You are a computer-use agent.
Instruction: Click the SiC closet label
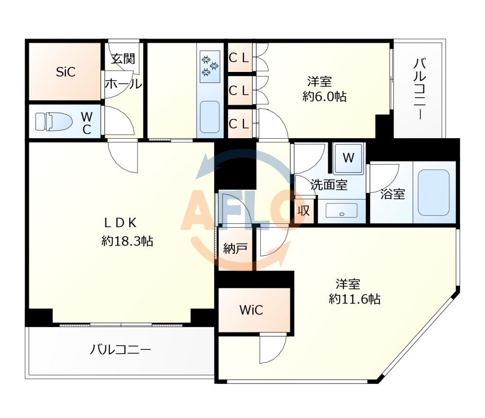pyautogui.click(x=65, y=72)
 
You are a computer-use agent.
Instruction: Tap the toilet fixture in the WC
pyautogui.click(x=53, y=122)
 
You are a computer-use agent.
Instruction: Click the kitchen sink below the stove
pyautogui.click(x=209, y=116)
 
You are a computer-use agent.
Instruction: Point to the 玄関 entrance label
pyautogui.click(x=123, y=59)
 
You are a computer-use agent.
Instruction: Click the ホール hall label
pyautogui.click(x=123, y=84)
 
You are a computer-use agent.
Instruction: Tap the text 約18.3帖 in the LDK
pyautogui.click(x=127, y=241)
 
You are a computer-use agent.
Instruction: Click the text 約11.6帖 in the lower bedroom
pyautogui.click(x=355, y=299)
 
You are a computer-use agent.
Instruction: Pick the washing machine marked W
pyautogui.click(x=348, y=158)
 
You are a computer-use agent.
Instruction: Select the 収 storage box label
pyautogui.click(x=304, y=210)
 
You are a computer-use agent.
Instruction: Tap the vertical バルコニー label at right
pyautogui.click(x=419, y=89)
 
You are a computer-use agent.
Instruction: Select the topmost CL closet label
pyautogui.click(x=239, y=58)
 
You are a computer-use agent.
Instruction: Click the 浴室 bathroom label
pyautogui.click(x=393, y=194)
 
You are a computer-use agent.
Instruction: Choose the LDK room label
pyautogui.click(x=121, y=222)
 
